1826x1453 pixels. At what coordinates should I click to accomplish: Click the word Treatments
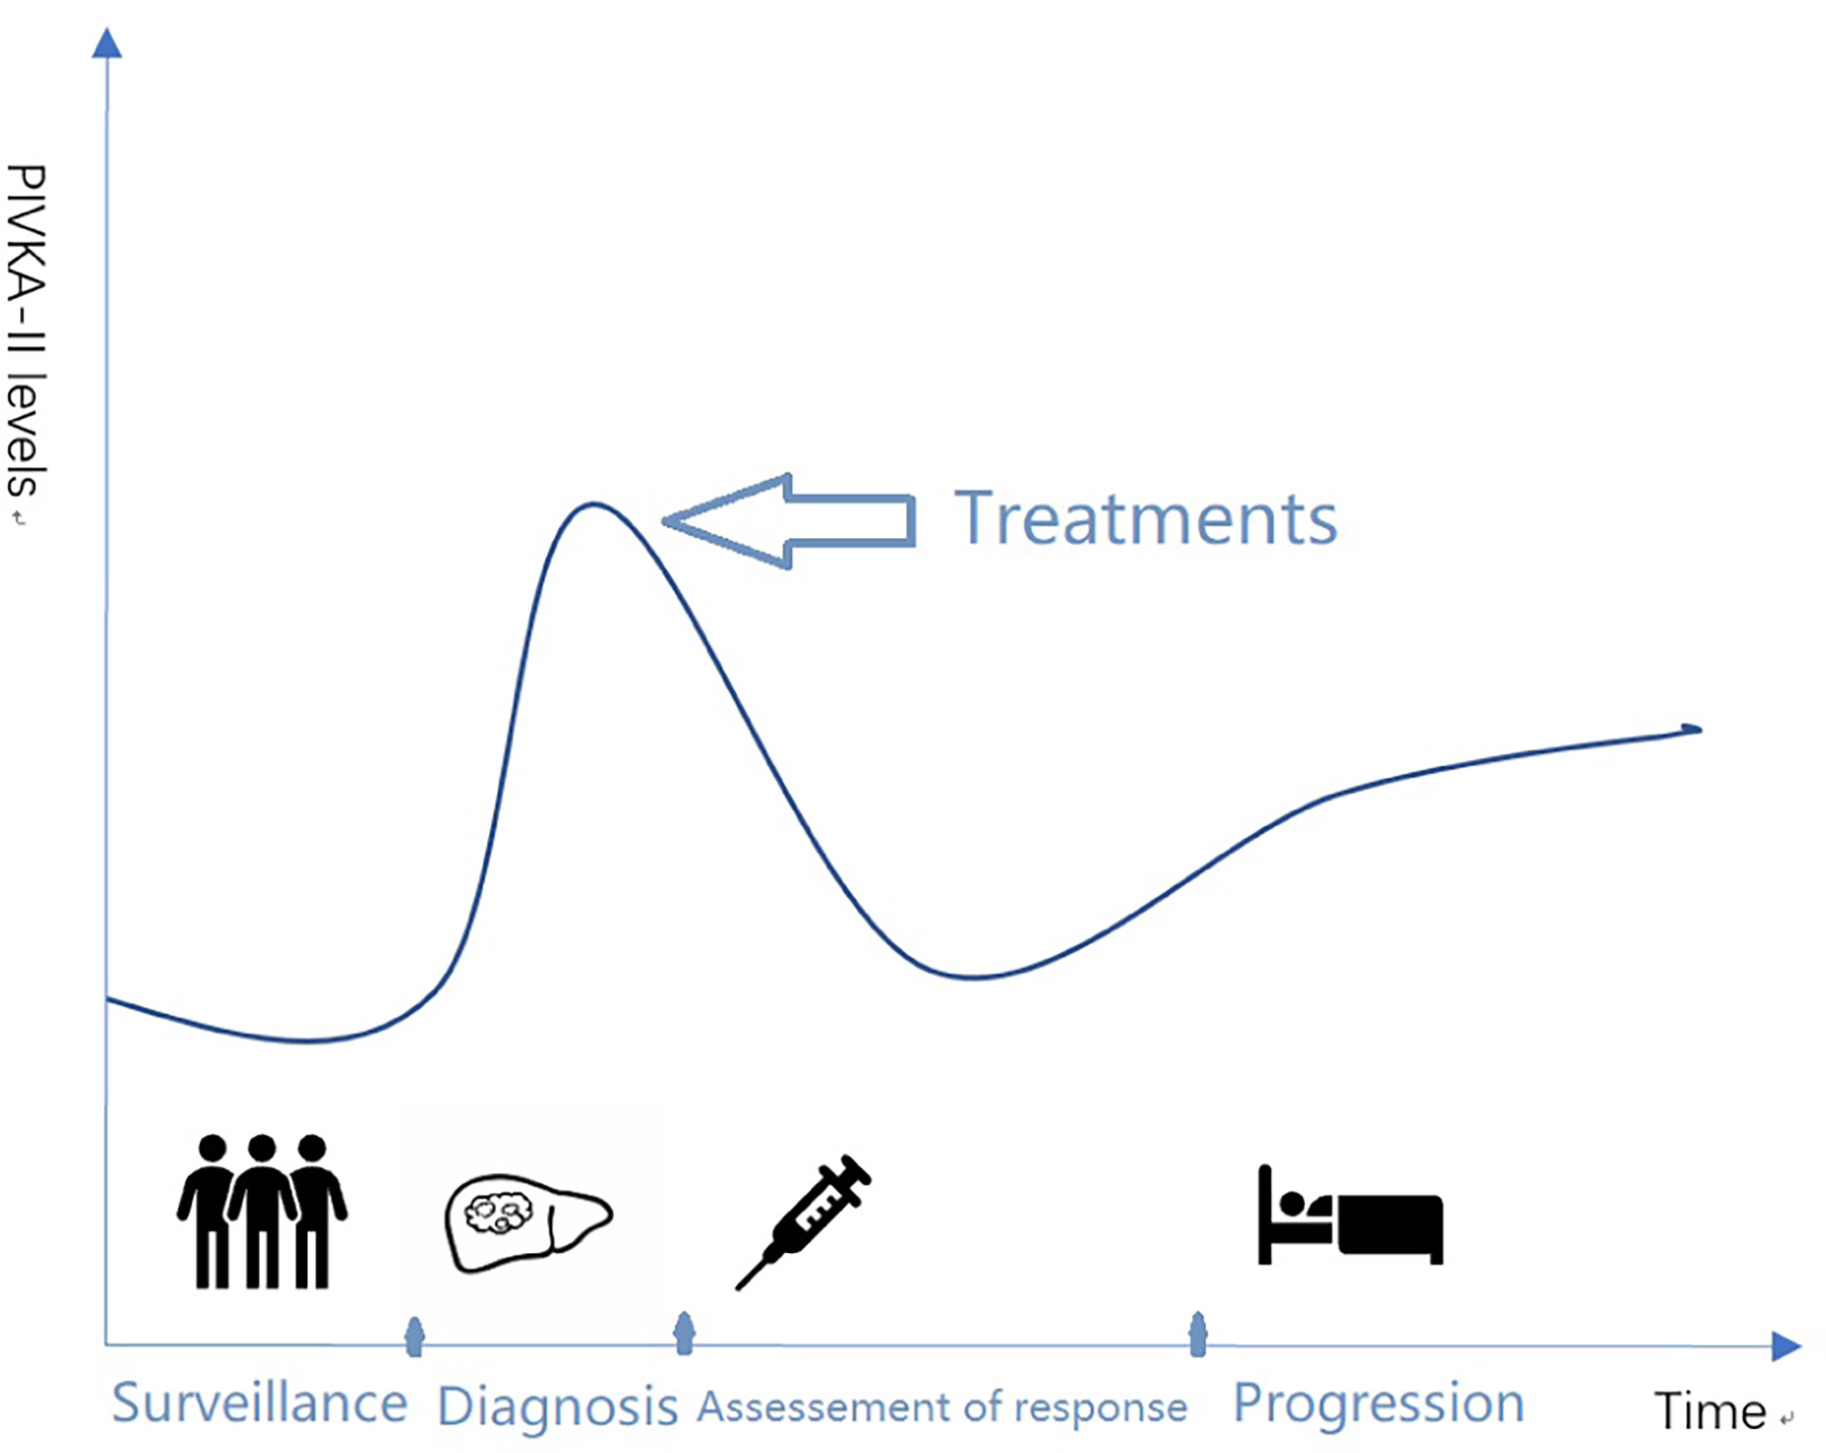1145,519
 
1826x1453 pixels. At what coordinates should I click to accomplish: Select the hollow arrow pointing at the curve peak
789,521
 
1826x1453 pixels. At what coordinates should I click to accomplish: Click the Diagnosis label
557,1407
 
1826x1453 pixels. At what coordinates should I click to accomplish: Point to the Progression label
1379,1404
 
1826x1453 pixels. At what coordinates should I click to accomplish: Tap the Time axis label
1710,1411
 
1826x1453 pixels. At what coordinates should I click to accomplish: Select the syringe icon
804,1221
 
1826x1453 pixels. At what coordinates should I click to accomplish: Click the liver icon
528,1222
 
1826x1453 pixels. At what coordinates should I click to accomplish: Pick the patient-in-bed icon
1350,1215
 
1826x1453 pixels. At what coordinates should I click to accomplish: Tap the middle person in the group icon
262,1210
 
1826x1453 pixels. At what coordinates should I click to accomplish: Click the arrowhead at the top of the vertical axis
107,43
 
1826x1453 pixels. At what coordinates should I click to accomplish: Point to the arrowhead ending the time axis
1786,1346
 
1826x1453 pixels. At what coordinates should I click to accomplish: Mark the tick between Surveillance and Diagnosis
414,1336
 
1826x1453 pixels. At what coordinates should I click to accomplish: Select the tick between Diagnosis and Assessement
684,1333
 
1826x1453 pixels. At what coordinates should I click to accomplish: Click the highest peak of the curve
594,504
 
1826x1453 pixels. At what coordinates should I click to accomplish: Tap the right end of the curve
1699,729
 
